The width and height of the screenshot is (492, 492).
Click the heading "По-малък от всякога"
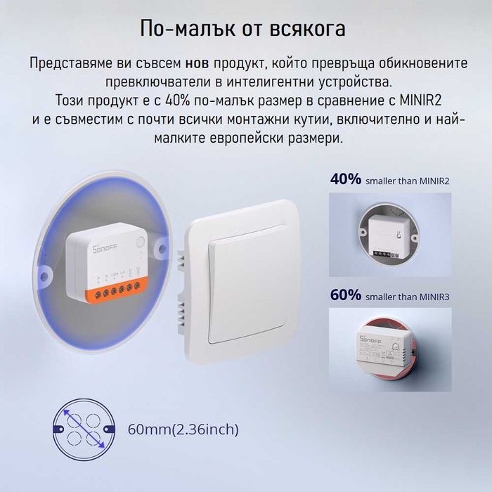click(x=242, y=29)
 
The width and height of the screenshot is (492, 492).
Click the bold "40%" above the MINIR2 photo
click(x=345, y=179)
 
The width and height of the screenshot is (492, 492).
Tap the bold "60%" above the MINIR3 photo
click(x=345, y=295)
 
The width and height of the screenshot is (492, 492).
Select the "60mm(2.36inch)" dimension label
click(x=183, y=429)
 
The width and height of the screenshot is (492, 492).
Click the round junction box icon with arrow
click(x=82, y=429)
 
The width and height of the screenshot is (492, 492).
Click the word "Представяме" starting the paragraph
click(x=66, y=63)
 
